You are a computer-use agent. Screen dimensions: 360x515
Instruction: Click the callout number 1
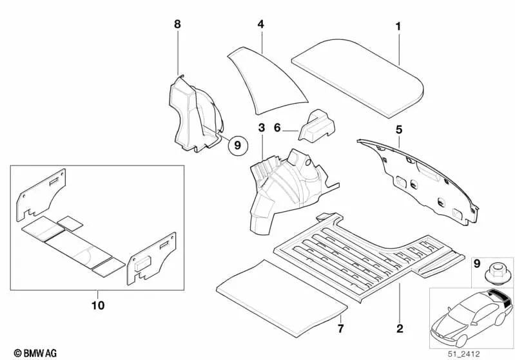[398, 26]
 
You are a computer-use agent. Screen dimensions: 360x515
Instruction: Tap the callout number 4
[260, 24]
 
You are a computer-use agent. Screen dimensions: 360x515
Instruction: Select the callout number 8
[177, 24]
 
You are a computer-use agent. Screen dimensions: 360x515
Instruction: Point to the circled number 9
[237, 146]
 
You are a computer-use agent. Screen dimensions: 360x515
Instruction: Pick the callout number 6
[277, 128]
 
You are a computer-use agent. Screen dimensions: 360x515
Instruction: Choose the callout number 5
[399, 129]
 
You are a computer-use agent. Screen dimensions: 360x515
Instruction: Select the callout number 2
[400, 329]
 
